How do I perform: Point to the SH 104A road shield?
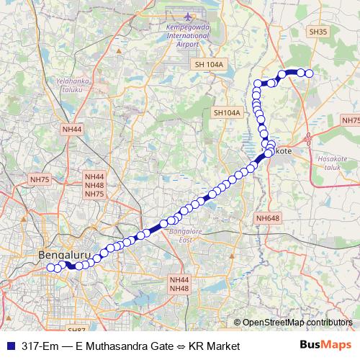(210, 65)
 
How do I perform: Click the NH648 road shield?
(267, 217)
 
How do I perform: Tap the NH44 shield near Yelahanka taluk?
(73, 130)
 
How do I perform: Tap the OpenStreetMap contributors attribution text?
(297, 322)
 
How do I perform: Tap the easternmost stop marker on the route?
(310, 73)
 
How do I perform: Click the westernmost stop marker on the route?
(50, 268)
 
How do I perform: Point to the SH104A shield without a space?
(227, 113)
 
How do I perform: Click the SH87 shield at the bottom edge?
(76, 330)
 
